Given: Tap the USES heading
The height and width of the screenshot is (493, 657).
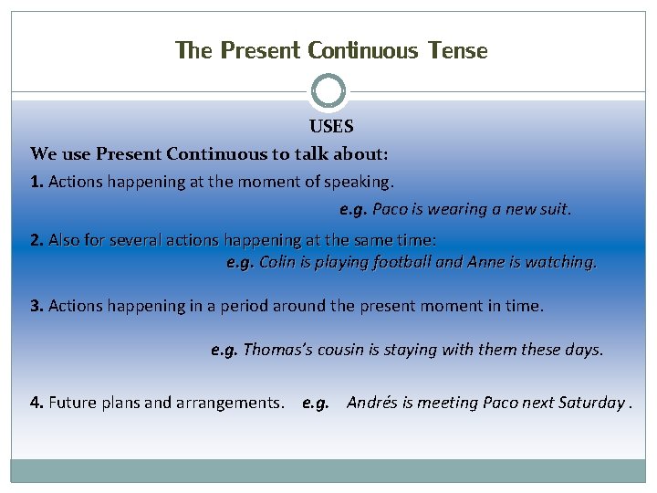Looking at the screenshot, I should click(330, 127).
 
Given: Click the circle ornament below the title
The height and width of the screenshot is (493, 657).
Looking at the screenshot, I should click(328, 91).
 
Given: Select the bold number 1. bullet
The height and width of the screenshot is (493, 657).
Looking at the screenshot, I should click(36, 182).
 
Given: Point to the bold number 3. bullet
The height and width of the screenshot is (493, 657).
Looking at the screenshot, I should click(36, 306).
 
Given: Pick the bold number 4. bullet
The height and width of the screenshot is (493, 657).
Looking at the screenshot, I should click(36, 403).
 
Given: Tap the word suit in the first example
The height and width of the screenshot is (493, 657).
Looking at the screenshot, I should click(554, 209).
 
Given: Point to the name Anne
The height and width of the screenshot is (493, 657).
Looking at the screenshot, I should click(486, 262).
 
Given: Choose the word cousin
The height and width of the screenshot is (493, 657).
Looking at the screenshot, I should click(341, 350).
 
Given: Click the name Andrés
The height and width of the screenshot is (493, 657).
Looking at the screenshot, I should click(371, 403).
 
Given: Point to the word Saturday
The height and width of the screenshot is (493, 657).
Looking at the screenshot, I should click(589, 403).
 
